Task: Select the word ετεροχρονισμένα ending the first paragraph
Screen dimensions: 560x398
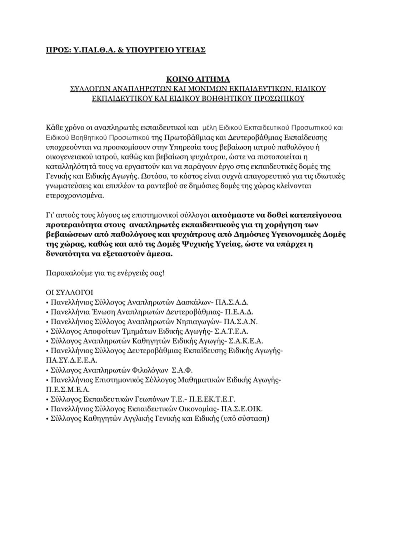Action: (x=75, y=196)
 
